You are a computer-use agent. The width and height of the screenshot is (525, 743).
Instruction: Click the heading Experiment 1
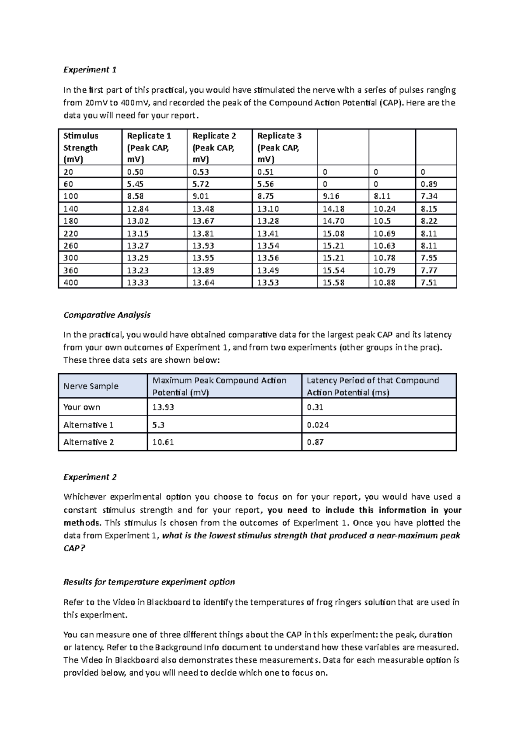click(90, 70)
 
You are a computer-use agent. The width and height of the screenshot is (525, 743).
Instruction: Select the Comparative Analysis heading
click(107, 315)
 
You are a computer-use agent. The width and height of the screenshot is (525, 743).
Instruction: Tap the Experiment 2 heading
click(90, 477)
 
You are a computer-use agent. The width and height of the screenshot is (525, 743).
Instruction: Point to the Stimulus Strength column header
click(80, 147)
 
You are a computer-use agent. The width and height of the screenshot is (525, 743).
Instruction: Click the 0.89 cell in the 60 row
click(429, 184)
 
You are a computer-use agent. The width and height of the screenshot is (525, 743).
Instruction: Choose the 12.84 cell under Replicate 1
click(138, 209)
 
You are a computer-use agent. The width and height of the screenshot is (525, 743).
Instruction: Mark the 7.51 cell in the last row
click(429, 283)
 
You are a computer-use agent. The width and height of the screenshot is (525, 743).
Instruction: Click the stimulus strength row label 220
click(71, 234)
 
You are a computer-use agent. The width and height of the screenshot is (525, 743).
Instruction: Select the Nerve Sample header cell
click(91, 386)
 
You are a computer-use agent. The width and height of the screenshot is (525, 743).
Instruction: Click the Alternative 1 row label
click(88, 425)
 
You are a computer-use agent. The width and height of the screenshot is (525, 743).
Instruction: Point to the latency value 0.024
click(318, 425)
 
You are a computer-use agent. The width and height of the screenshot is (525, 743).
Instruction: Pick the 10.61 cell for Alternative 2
click(163, 442)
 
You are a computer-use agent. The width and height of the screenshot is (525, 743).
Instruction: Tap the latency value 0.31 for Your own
click(315, 407)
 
